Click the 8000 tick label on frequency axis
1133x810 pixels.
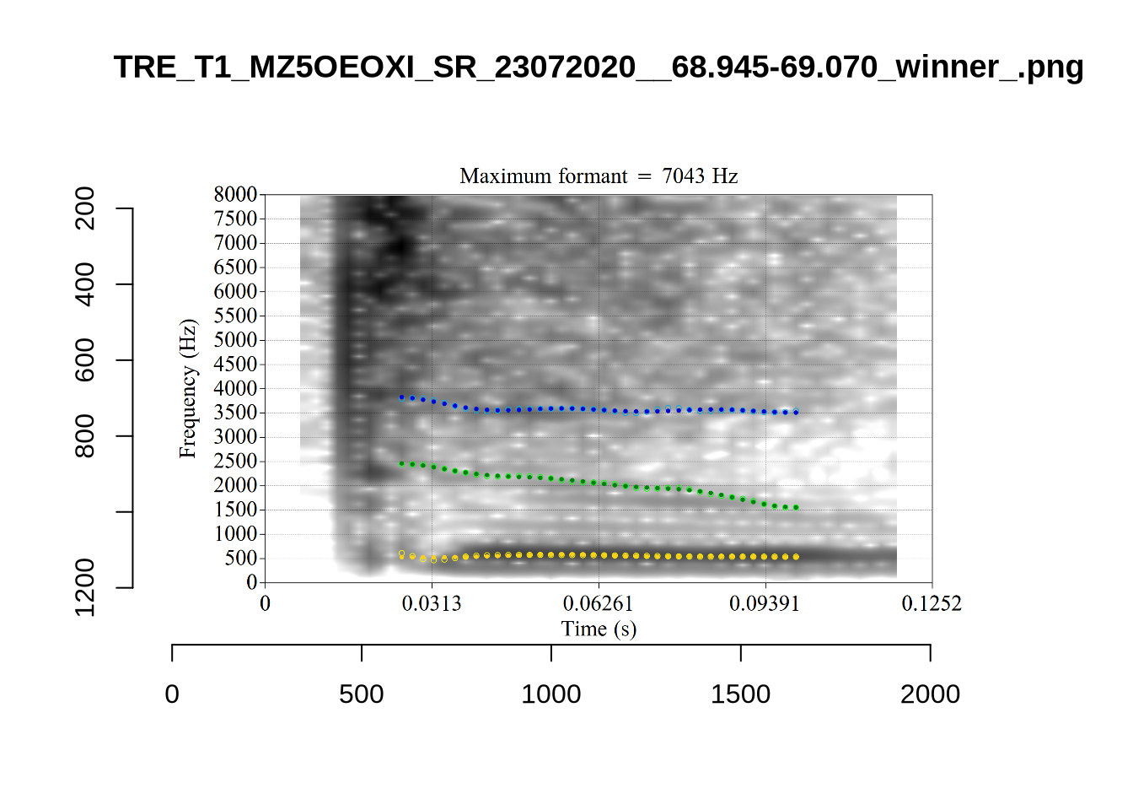point(235,194)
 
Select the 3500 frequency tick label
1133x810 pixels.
point(235,413)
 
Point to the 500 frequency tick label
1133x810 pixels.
point(240,558)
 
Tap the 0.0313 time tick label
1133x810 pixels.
point(432,603)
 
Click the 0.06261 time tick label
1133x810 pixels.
point(598,603)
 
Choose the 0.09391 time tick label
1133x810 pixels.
point(764,603)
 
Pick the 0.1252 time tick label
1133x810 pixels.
point(931,603)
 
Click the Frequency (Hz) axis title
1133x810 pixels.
point(187,388)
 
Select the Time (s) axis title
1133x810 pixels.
point(599,629)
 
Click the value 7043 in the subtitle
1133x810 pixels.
point(683,176)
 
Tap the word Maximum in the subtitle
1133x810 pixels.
point(501,176)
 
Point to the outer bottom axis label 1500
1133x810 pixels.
point(740,694)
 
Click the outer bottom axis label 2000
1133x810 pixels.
point(930,694)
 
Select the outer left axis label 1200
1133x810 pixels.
point(85,587)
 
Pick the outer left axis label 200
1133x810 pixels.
point(85,208)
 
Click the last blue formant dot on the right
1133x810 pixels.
point(796,413)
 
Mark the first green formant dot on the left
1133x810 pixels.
point(402,463)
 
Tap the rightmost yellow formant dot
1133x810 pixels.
point(796,557)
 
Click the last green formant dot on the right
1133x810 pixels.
point(796,508)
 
